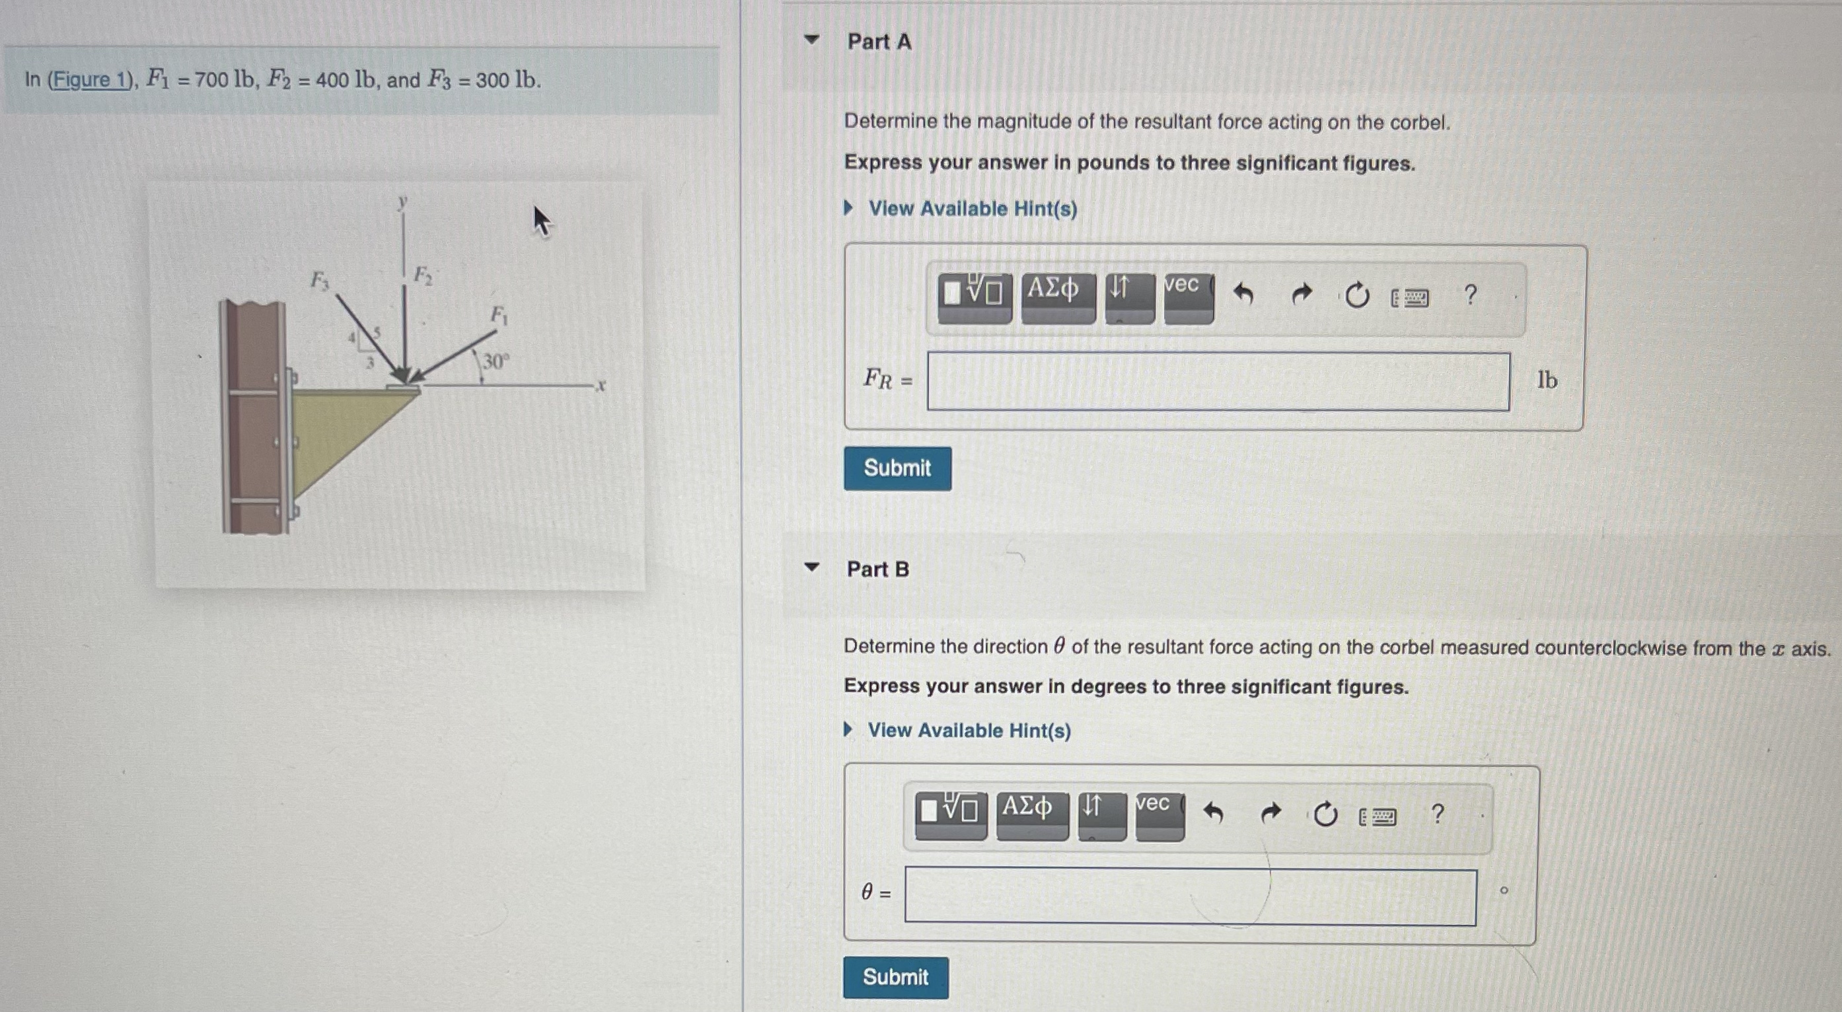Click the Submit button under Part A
pos(897,468)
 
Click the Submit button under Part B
pos(895,977)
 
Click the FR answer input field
pos(1218,382)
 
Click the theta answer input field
pos(1190,896)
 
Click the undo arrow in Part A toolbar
pos(1243,294)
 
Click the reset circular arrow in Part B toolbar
pos(1325,814)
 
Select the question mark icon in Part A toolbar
pos(1470,294)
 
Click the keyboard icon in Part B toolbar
pos(1378,817)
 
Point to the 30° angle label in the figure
pos(496,361)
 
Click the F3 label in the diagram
pos(319,280)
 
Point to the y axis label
pos(402,201)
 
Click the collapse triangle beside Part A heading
pos(811,40)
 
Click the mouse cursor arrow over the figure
pos(542,221)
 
